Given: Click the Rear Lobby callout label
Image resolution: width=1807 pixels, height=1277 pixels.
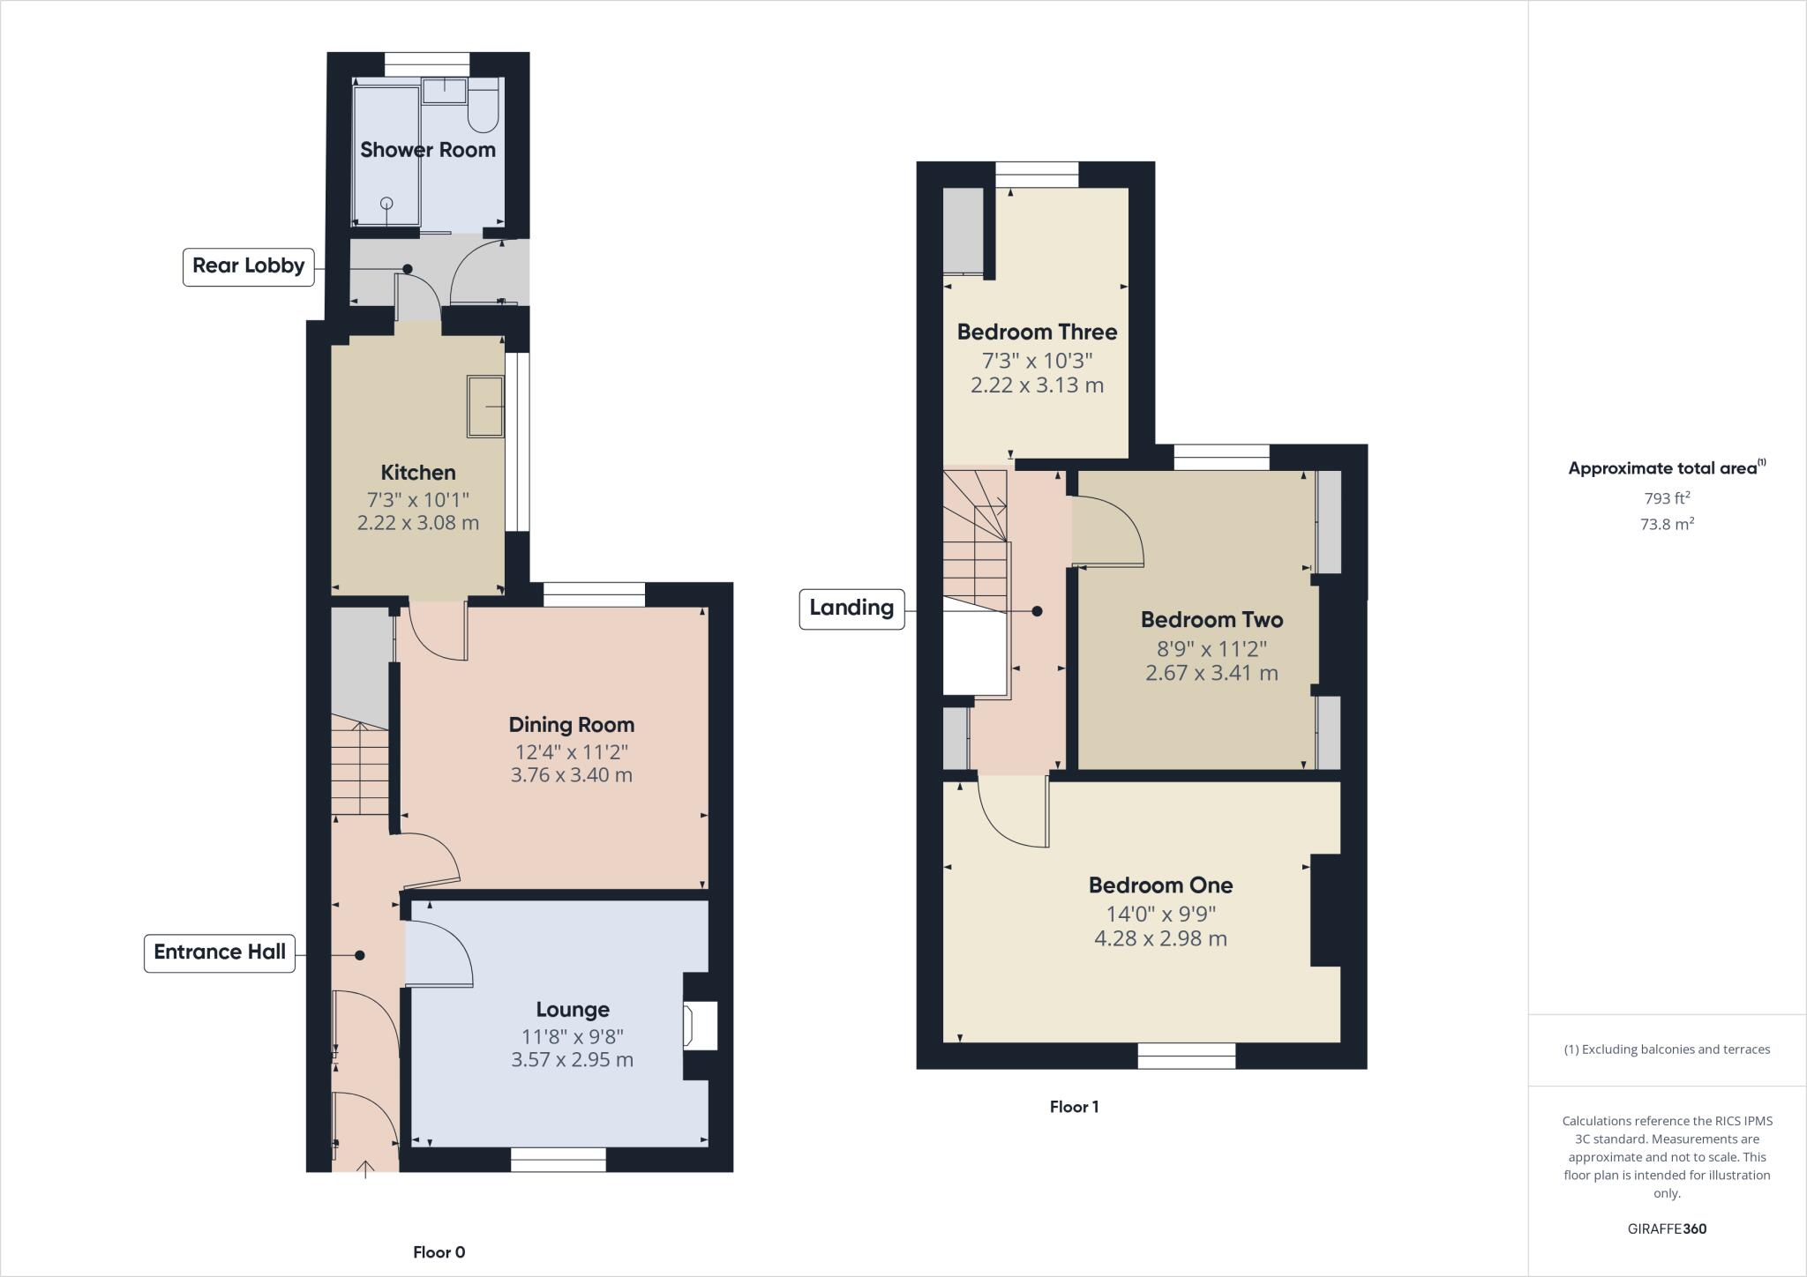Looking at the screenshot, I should [x=248, y=266].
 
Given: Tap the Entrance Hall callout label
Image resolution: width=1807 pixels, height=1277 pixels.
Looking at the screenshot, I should [x=219, y=952].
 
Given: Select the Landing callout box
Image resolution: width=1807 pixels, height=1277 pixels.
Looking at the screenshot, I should [x=851, y=609].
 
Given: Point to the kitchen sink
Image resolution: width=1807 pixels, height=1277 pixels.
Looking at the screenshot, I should [x=485, y=407].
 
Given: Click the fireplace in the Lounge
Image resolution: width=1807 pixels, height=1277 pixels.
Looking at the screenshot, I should [x=699, y=1026].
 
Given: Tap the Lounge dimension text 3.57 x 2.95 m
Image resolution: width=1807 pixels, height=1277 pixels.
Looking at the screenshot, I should [x=572, y=1060].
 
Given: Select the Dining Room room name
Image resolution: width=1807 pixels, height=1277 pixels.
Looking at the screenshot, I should [x=572, y=725].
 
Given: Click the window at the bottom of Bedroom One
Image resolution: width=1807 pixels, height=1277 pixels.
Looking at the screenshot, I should [x=1186, y=1056].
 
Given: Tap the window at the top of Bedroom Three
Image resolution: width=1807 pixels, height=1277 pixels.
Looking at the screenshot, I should [x=1037, y=175].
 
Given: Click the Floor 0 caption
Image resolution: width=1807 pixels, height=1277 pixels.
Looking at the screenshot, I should [x=439, y=1252].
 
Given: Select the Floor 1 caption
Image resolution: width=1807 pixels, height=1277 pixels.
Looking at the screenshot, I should [x=1074, y=1107].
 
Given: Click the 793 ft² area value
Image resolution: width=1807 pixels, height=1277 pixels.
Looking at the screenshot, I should [x=1666, y=498].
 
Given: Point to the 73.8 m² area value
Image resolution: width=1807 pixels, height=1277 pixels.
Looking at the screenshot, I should [x=1666, y=525].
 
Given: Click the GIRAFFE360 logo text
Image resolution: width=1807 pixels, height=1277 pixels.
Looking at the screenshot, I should [x=1667, y=1228].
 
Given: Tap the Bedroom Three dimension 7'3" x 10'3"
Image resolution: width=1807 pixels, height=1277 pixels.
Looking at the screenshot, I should [x=1037, y=361].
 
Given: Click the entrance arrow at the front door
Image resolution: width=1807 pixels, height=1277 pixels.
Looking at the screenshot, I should [x=365, y=1169].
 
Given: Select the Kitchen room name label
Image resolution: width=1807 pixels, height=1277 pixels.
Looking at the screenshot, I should [x=418, y=473].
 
